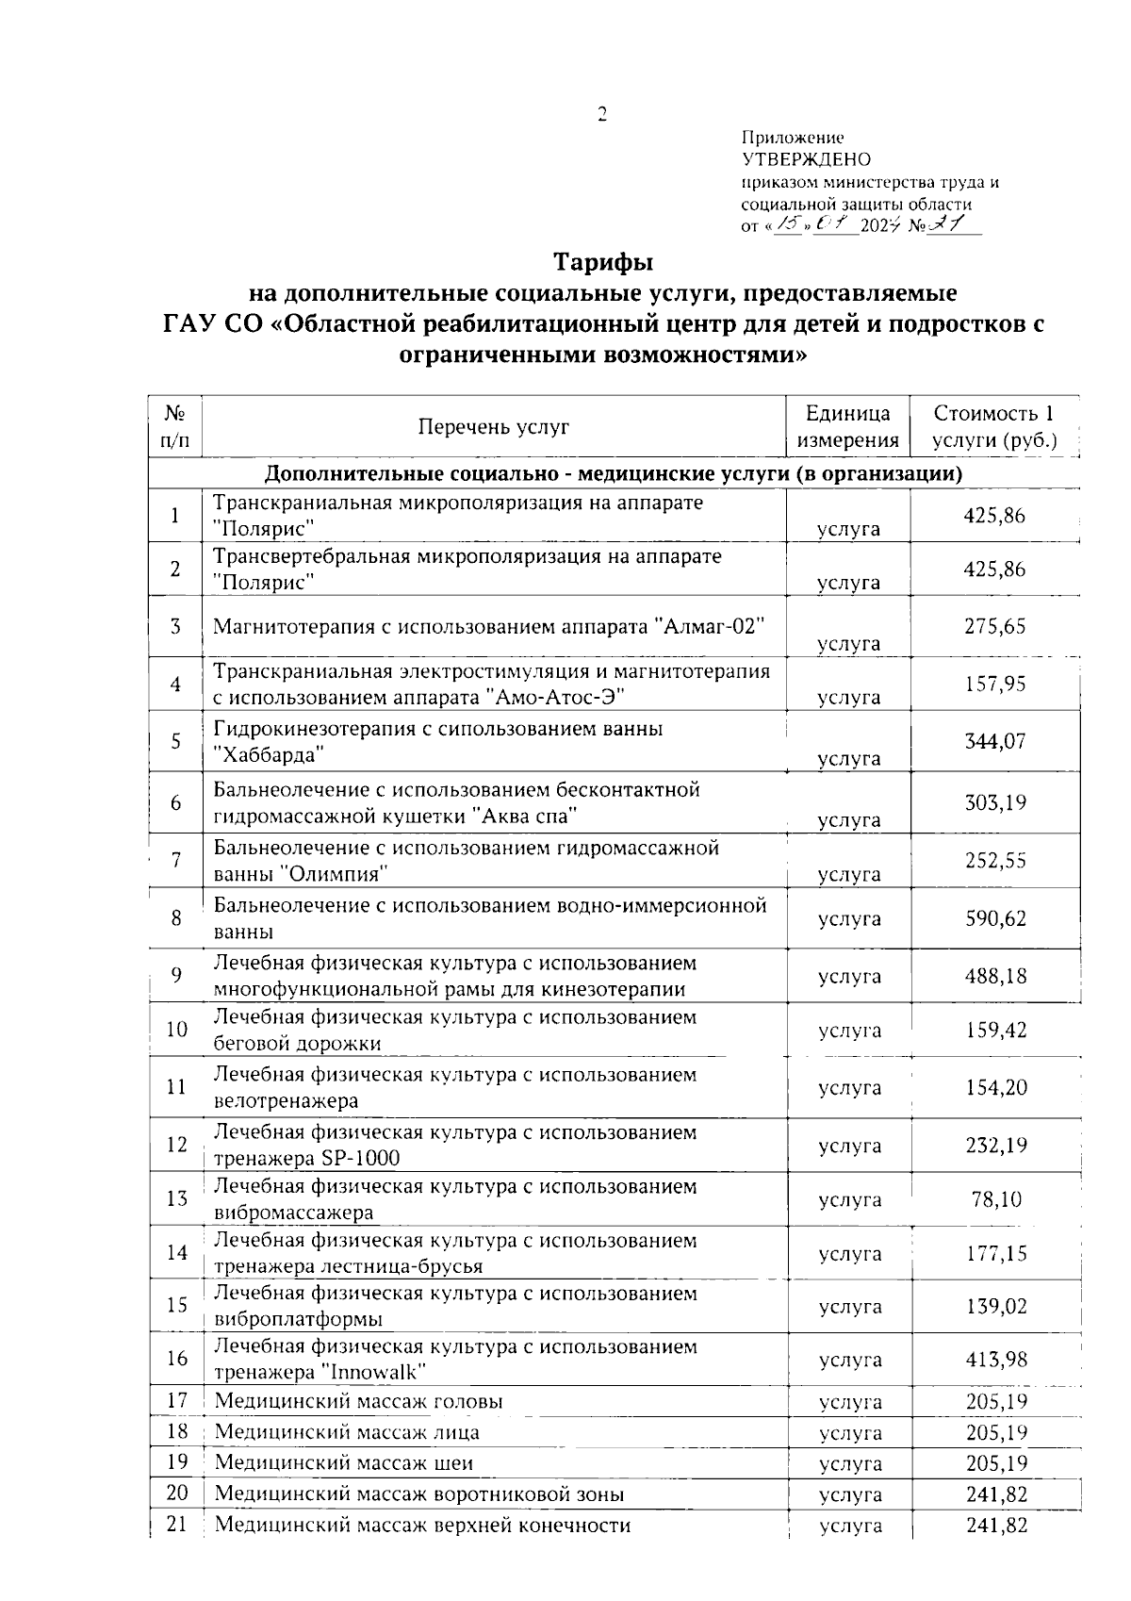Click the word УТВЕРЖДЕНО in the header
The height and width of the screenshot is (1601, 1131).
pos(806,159)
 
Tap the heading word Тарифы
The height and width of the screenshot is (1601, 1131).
pos(602,260)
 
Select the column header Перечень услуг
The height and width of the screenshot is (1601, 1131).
pos(494,427)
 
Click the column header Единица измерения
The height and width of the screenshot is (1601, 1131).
pos(848,427)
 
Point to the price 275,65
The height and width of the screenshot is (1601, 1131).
pos(994,626)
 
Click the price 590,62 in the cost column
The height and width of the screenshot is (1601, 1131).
pos(994,918)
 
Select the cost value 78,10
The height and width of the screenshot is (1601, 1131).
pos(995,1199)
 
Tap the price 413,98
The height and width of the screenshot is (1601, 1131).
pos(995,1359)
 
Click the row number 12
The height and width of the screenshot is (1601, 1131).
pos(176,1145)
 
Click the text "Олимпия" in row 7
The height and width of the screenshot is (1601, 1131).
pos(336,874)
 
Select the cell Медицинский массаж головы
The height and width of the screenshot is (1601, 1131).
pos(358,1401)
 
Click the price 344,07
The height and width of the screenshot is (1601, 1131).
pos(994,741)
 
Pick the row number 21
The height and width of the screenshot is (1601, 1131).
pos(176,1524)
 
